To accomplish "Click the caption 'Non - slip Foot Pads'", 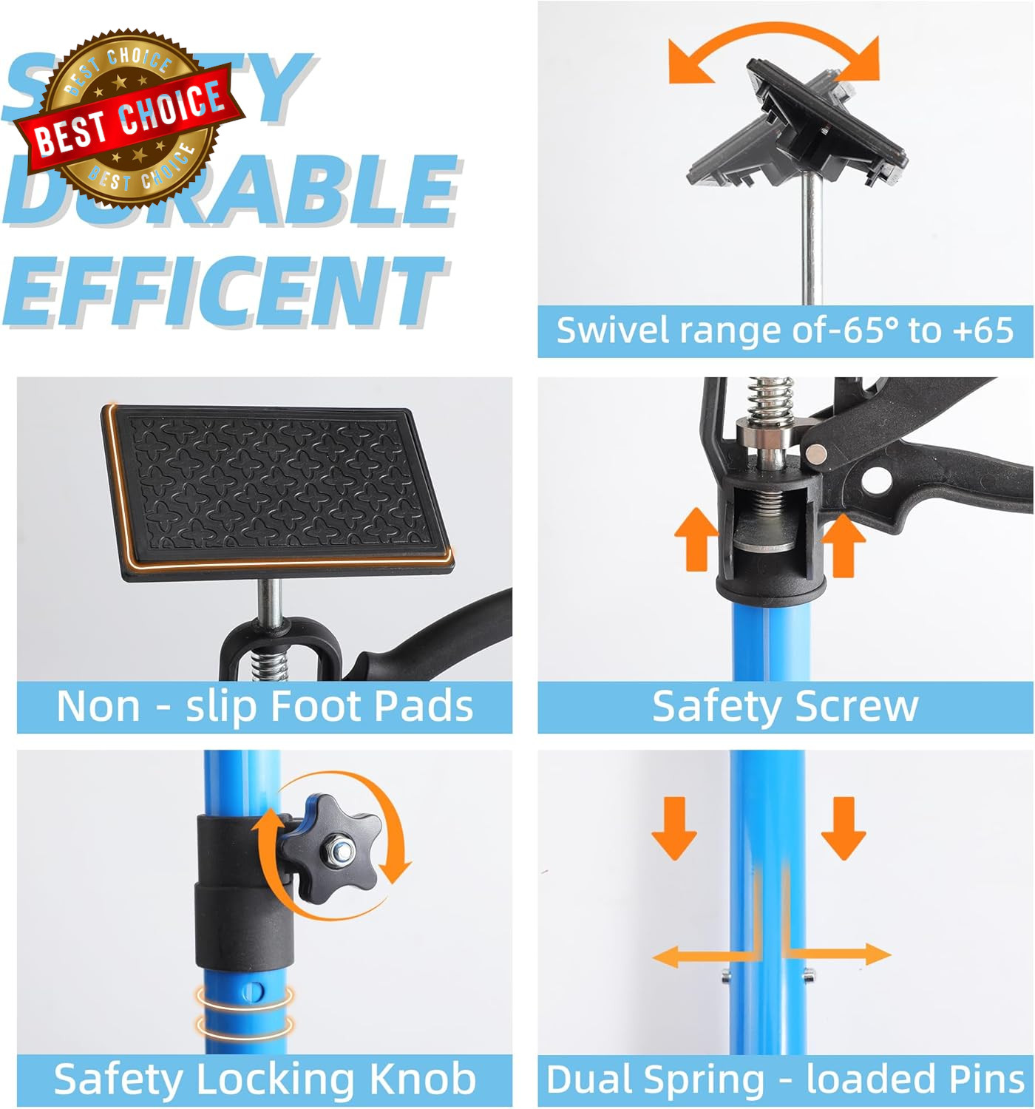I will point(265,706).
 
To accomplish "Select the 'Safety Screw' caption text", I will point(785,706).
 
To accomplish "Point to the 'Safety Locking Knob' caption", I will point(265,1079).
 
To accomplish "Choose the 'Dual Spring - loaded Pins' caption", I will point(785,1079).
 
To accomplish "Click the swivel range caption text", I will point(785,330).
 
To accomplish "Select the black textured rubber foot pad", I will point(277,488).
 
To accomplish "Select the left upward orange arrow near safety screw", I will point(696,540).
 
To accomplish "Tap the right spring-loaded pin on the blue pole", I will point(810,976).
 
